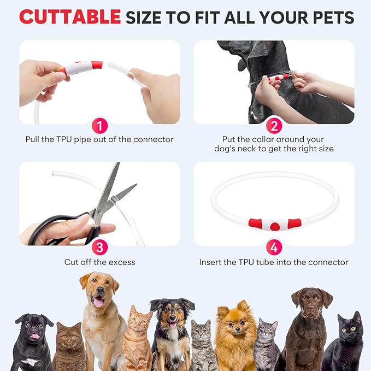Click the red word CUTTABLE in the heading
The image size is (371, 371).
(x=70, y=17)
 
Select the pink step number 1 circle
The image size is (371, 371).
(x=100, y=126)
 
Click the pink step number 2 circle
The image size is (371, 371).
(x=274, y=126)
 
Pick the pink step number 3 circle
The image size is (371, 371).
(x=100, y=248)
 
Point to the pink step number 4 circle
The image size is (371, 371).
(x=274, y=248)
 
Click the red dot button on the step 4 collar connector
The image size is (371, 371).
(x=275, y=226)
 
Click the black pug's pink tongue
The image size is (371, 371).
(x=36, y=336)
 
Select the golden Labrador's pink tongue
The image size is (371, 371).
(x=98, y=302)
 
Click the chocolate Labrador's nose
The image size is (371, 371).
(x=310, y=308)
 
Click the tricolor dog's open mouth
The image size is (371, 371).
(x=173, y=324)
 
